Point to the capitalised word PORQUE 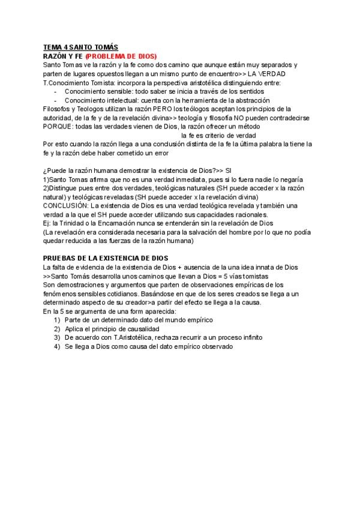point(59,127)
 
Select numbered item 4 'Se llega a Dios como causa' point(148,347)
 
